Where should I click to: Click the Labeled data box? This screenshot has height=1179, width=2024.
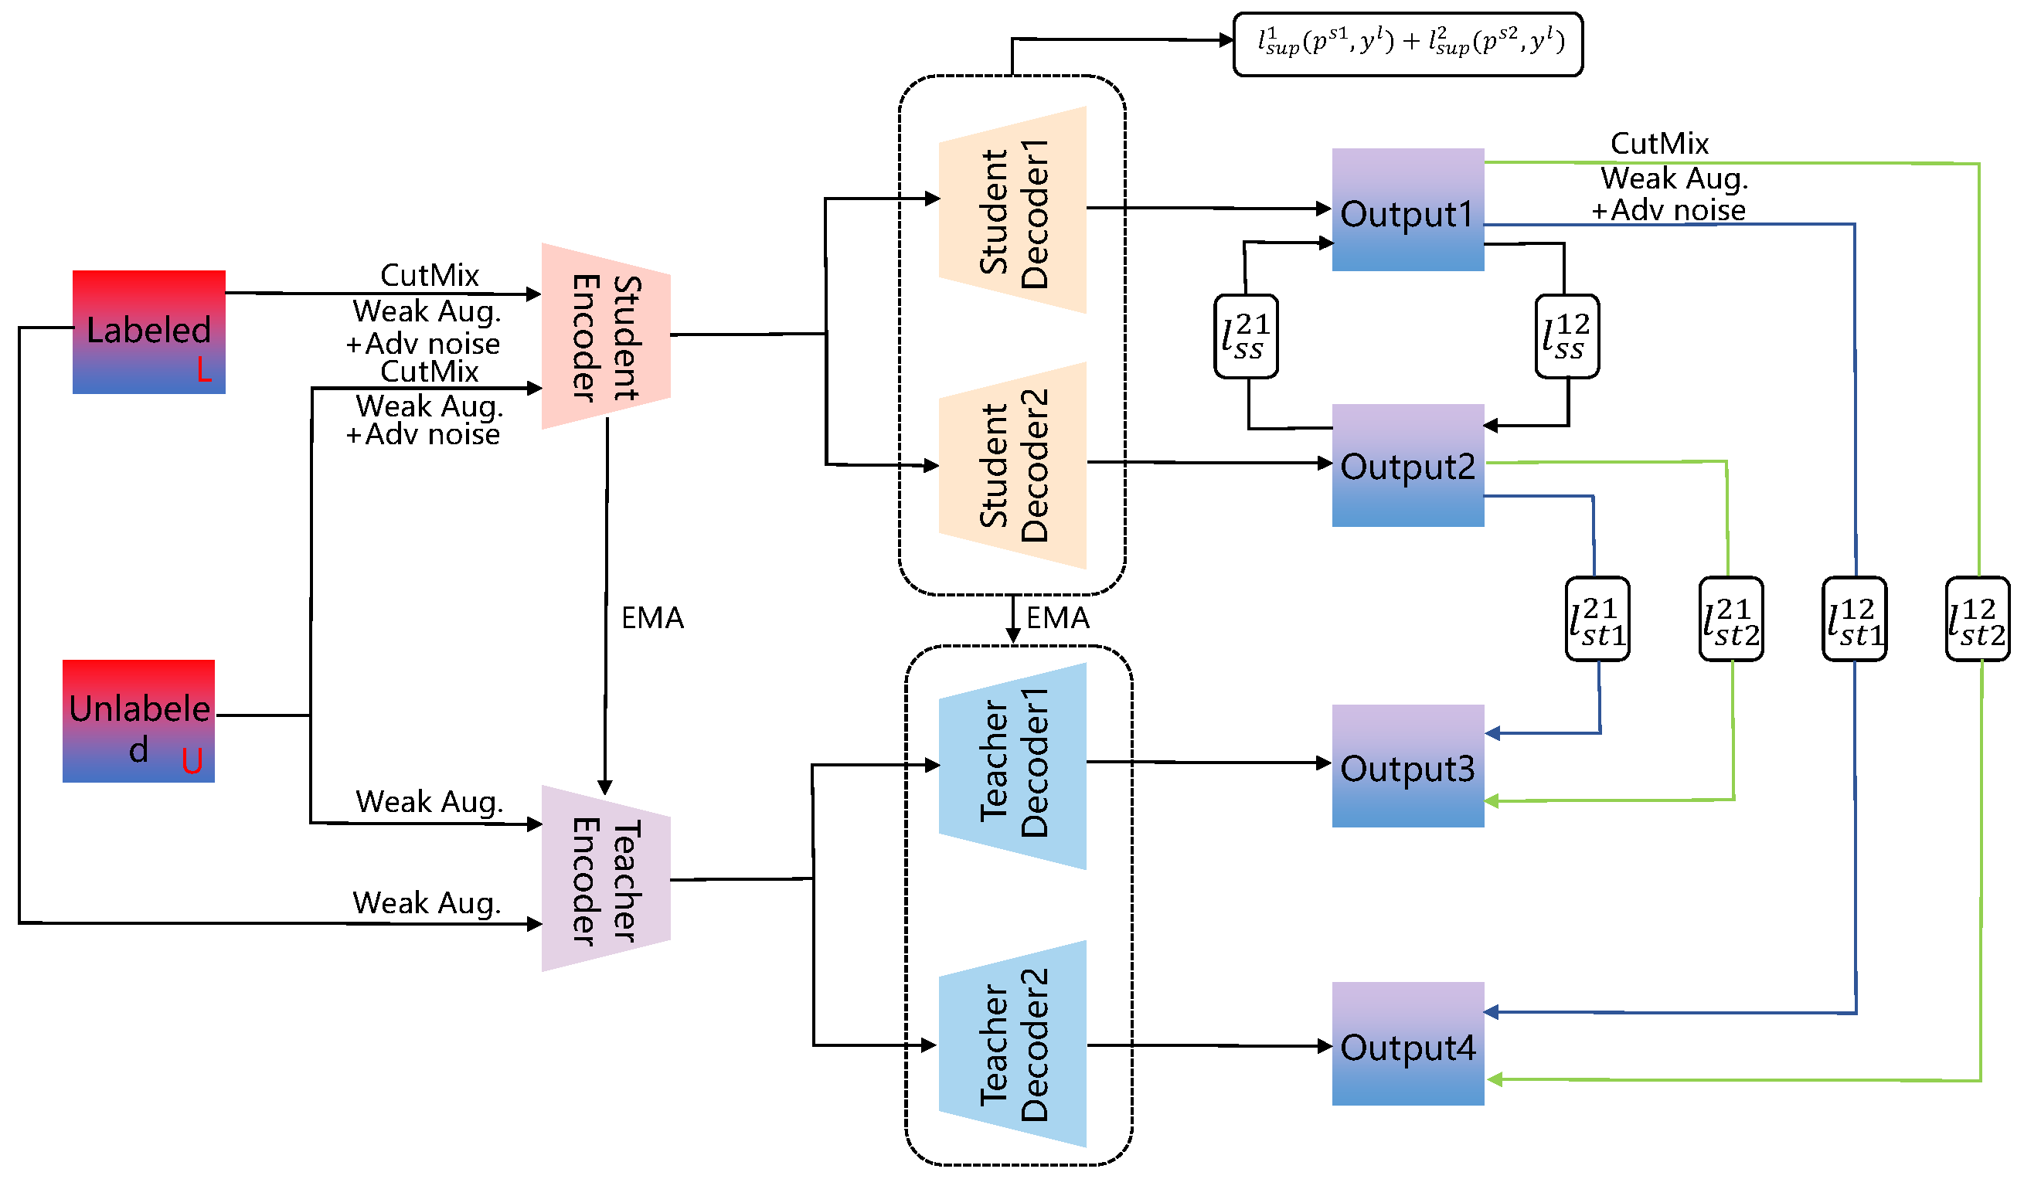(148, 331)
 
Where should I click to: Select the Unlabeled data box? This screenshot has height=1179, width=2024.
(139, 721)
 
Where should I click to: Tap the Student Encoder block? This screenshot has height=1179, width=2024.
(607, 337)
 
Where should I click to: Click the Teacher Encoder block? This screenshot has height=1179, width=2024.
(607, 878)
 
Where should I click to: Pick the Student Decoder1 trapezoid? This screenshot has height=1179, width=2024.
(1013, 210)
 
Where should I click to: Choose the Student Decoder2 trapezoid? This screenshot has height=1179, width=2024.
(1013, 466)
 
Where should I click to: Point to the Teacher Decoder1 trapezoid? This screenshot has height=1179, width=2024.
(1013, 766)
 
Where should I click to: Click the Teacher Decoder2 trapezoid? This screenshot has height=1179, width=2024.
(1013, 1044)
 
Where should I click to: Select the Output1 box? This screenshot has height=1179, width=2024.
(1408, 209)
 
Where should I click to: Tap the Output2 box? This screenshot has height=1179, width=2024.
(1408, 466)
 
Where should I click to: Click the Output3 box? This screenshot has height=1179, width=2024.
(1408, 766)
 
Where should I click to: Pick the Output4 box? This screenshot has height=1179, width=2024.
(1408, 1044)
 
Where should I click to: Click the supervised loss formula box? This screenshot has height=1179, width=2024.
(1408, 44)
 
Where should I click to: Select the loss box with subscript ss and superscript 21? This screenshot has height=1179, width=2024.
(1247, 337)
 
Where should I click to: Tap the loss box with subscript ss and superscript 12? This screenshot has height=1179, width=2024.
(1567, 337)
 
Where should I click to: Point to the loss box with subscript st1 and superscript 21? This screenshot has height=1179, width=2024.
(1597, 619)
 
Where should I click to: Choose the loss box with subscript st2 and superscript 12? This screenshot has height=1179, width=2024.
(1978, 619)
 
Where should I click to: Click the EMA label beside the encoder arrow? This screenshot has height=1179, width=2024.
(652, 618)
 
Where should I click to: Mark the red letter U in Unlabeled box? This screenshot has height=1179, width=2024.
(192, 760)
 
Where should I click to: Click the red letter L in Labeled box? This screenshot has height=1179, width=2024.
(204, 369)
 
